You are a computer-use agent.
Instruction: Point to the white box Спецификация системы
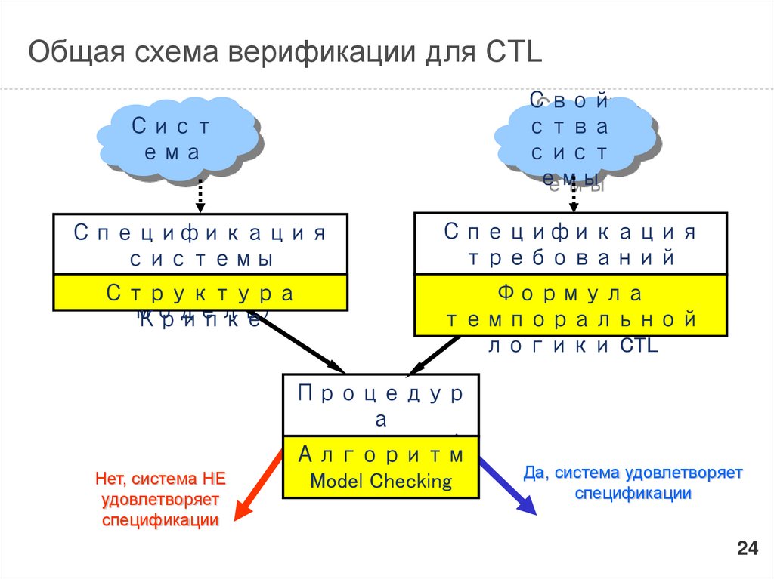click(x=200, y=245)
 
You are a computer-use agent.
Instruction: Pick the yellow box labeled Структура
click(x=200, y=292)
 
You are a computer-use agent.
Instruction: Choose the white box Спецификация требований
click(x=571, y=243)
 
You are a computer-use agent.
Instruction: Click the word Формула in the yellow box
click(x=571, y=292)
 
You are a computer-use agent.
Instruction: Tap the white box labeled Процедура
click(x=381, y=405)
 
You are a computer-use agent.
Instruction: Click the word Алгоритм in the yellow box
click(x=381, y=455)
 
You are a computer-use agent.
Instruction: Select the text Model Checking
click(x=381, y=481)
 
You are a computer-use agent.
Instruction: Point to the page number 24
click(x=747, y=549)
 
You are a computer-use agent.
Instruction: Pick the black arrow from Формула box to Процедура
click(x=434, y=355)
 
